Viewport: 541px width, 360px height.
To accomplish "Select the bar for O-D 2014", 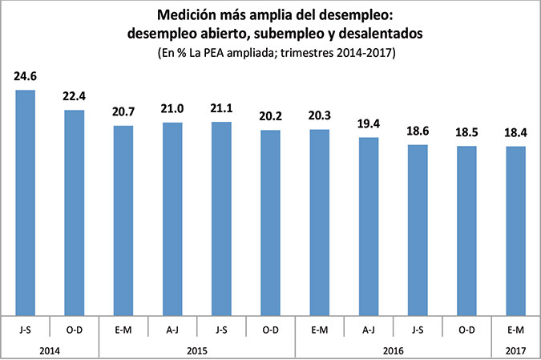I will click(74, 212).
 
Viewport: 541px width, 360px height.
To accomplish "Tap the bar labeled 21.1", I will click(221, 219).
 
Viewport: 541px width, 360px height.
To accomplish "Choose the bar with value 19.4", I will click(369, 227).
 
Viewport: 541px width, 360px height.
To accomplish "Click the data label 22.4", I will click(74, 98).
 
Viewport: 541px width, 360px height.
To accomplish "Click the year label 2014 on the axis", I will click(50, 350).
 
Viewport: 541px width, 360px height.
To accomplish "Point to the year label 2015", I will click(196, 350).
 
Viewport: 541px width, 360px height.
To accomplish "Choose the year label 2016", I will click(393, 350).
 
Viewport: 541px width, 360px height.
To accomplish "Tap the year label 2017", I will click(515, 350).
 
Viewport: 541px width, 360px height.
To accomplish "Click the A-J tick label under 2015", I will click(172, 329).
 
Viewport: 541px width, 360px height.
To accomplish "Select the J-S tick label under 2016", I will click(418, 329).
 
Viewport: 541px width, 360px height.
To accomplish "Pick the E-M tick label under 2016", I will click(319, 329).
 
